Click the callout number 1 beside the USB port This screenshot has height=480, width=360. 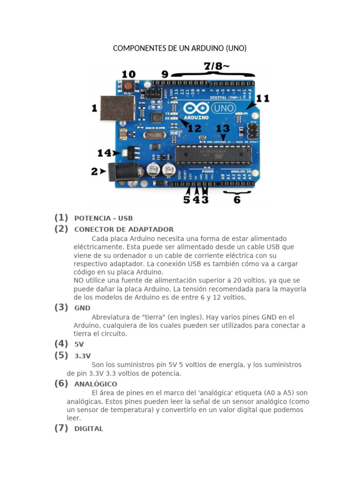(94, 108)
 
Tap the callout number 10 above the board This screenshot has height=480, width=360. (128, 74)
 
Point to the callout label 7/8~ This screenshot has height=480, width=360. (216, 67)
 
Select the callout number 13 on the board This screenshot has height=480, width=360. (223, 128)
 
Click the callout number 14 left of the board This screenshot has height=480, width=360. (105, 153)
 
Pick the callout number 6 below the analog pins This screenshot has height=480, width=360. (237, 200)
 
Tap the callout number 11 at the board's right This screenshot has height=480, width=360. (262, 98)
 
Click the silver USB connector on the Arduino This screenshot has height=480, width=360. (118, 108)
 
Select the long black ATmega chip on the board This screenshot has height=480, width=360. (213, 155)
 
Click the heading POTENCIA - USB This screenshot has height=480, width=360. (103, 218)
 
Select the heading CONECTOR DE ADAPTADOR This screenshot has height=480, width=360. (124, 230)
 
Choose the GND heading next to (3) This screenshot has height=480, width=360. (82, 308)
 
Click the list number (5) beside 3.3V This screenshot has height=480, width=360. (61, 355)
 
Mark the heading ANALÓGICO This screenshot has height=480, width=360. (96, 384)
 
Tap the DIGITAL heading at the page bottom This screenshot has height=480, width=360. (89, 429)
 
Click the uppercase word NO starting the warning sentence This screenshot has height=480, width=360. (78, 280)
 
